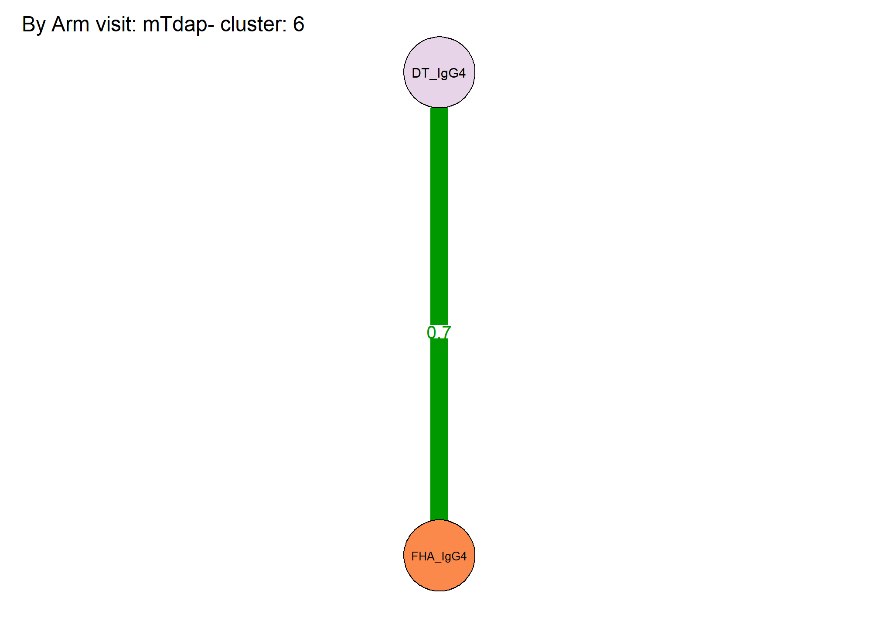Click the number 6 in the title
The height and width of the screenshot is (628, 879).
299,24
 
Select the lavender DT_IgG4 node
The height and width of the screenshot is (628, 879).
439,72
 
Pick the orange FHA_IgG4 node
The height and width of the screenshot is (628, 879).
439,556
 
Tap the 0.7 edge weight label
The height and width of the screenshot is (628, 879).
439,333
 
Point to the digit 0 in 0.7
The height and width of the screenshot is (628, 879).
431,333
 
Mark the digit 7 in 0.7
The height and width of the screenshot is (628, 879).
446,333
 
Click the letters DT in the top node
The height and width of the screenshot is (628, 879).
420,73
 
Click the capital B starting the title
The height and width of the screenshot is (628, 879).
28,24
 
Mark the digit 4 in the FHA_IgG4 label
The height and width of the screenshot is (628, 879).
463,556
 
